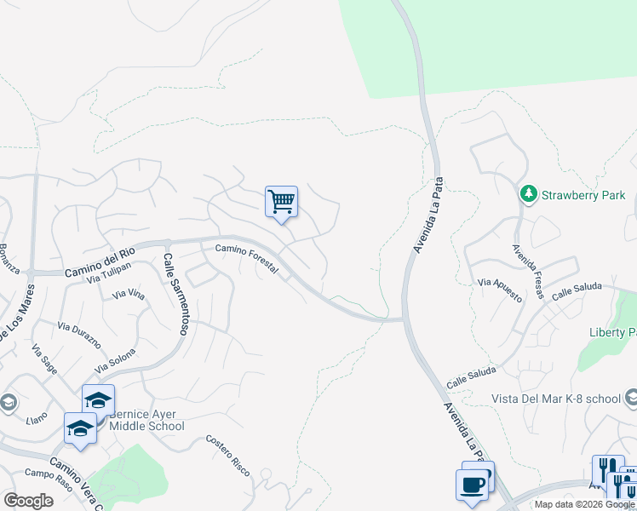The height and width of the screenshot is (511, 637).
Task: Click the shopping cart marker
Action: pos(281,203)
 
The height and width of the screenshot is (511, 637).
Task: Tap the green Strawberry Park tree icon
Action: pos(529,195)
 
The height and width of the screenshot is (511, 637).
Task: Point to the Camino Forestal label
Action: pos(246,258)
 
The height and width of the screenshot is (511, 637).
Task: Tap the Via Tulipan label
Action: pos(108,273)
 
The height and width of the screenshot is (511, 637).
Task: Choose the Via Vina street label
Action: pos(129,295)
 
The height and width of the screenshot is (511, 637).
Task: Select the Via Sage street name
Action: pos(44,360)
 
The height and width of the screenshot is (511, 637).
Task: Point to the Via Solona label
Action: pos(115,361)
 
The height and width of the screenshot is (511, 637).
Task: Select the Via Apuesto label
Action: pos(500,290)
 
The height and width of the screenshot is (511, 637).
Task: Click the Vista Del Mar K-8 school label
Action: pos(555,399)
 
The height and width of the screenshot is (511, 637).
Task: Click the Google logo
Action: pos(28,501)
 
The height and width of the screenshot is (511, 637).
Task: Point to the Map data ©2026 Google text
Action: pos(584,504)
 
